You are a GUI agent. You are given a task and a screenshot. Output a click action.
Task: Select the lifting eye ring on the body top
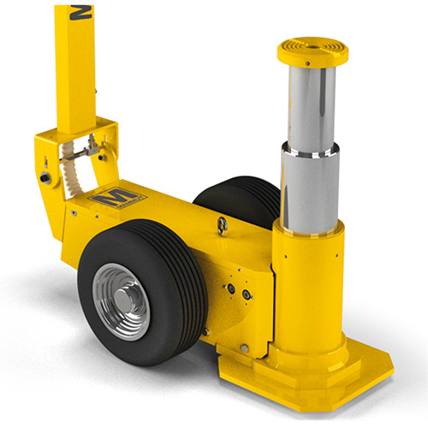pyautogui.click(x=222, y=225)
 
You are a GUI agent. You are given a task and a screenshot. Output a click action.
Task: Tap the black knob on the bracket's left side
pyautogui.click(x=43, y=177)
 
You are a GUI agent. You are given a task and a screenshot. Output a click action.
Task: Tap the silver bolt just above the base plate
pyautogui.click(x=244, y=349)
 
